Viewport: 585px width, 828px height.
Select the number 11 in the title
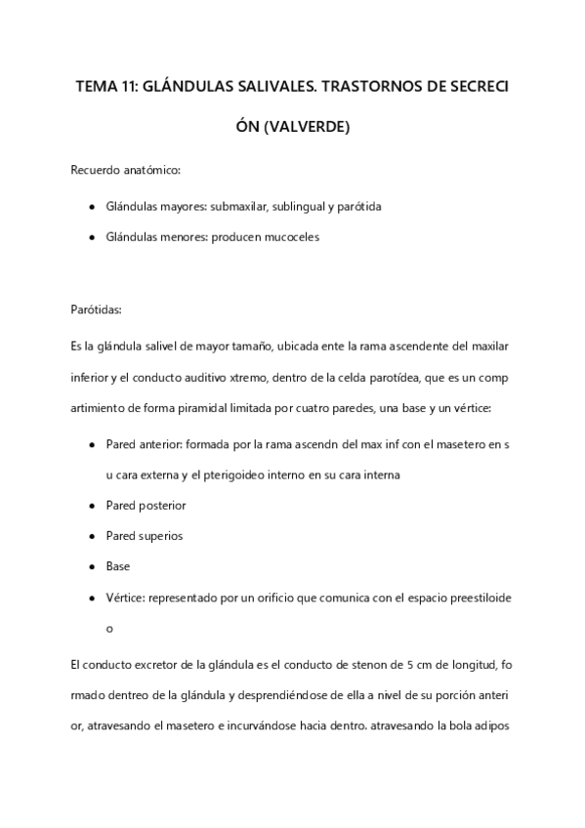pos(127,86)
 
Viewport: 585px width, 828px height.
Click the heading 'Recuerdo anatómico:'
pos(125,171)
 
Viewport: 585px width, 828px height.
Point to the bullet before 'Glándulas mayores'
pos(91,207)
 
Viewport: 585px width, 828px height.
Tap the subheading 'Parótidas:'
pos(96,310)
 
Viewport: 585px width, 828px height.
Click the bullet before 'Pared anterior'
pos(91,445)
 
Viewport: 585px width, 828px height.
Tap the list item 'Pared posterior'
pos(146,506)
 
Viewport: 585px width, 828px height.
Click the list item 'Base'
pos(117,566)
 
